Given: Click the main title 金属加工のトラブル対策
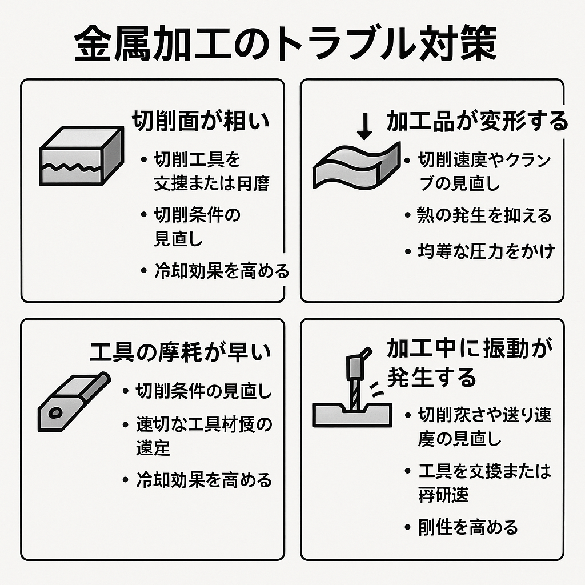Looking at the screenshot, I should tap(285, 45).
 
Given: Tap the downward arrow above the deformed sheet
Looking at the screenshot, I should tap(364, 125).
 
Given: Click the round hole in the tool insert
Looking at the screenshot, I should tap(55, 412).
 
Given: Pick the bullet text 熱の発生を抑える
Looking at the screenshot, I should tap(484, 215).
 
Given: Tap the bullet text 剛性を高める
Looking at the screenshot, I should tap(468, 527).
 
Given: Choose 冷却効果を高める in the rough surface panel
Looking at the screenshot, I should tap(222, 270).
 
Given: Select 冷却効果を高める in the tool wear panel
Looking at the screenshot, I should tap(203, 480).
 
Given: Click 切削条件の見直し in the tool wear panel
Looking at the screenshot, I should tap(203, 392).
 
